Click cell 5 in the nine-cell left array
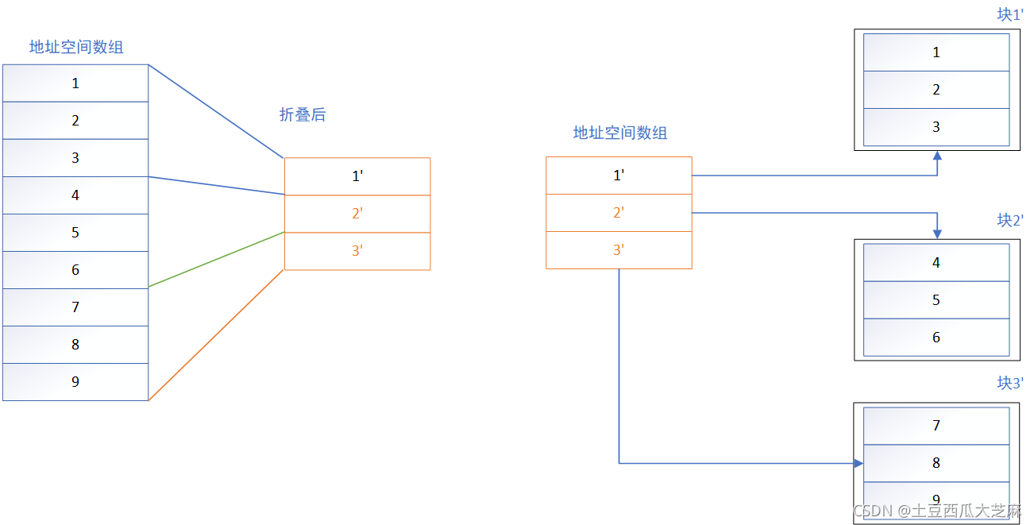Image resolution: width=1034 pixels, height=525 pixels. point(75,233)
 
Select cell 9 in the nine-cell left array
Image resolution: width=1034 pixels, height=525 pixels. point(75,382)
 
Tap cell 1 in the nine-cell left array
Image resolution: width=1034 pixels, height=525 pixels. point(75,83)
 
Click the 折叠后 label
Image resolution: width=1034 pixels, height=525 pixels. point(303,115)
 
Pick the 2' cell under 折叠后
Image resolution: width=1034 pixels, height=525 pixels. point(357,214)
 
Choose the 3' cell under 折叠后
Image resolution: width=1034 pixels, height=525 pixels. point(357,251)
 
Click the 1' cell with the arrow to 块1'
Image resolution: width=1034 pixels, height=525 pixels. point(619,176)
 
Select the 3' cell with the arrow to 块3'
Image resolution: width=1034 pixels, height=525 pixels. point(619,250)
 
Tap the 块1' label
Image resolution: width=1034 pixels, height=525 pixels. point(1010,14)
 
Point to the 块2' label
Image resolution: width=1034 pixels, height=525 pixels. point(1010,220)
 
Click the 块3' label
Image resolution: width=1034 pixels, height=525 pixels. point(1010,383)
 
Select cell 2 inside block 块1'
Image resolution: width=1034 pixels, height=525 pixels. point(936,90)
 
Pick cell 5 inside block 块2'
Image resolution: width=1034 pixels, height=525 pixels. point(936,300)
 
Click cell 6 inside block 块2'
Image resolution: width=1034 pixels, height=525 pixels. point(936,338)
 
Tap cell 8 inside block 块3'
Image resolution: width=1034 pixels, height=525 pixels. point(936,463)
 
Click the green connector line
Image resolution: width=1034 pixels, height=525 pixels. point(216,260)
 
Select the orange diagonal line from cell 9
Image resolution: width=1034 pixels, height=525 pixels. point(216,335)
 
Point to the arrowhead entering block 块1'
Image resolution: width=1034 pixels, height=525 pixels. point(937,156)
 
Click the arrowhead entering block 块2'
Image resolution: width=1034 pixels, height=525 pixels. point(937,234)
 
